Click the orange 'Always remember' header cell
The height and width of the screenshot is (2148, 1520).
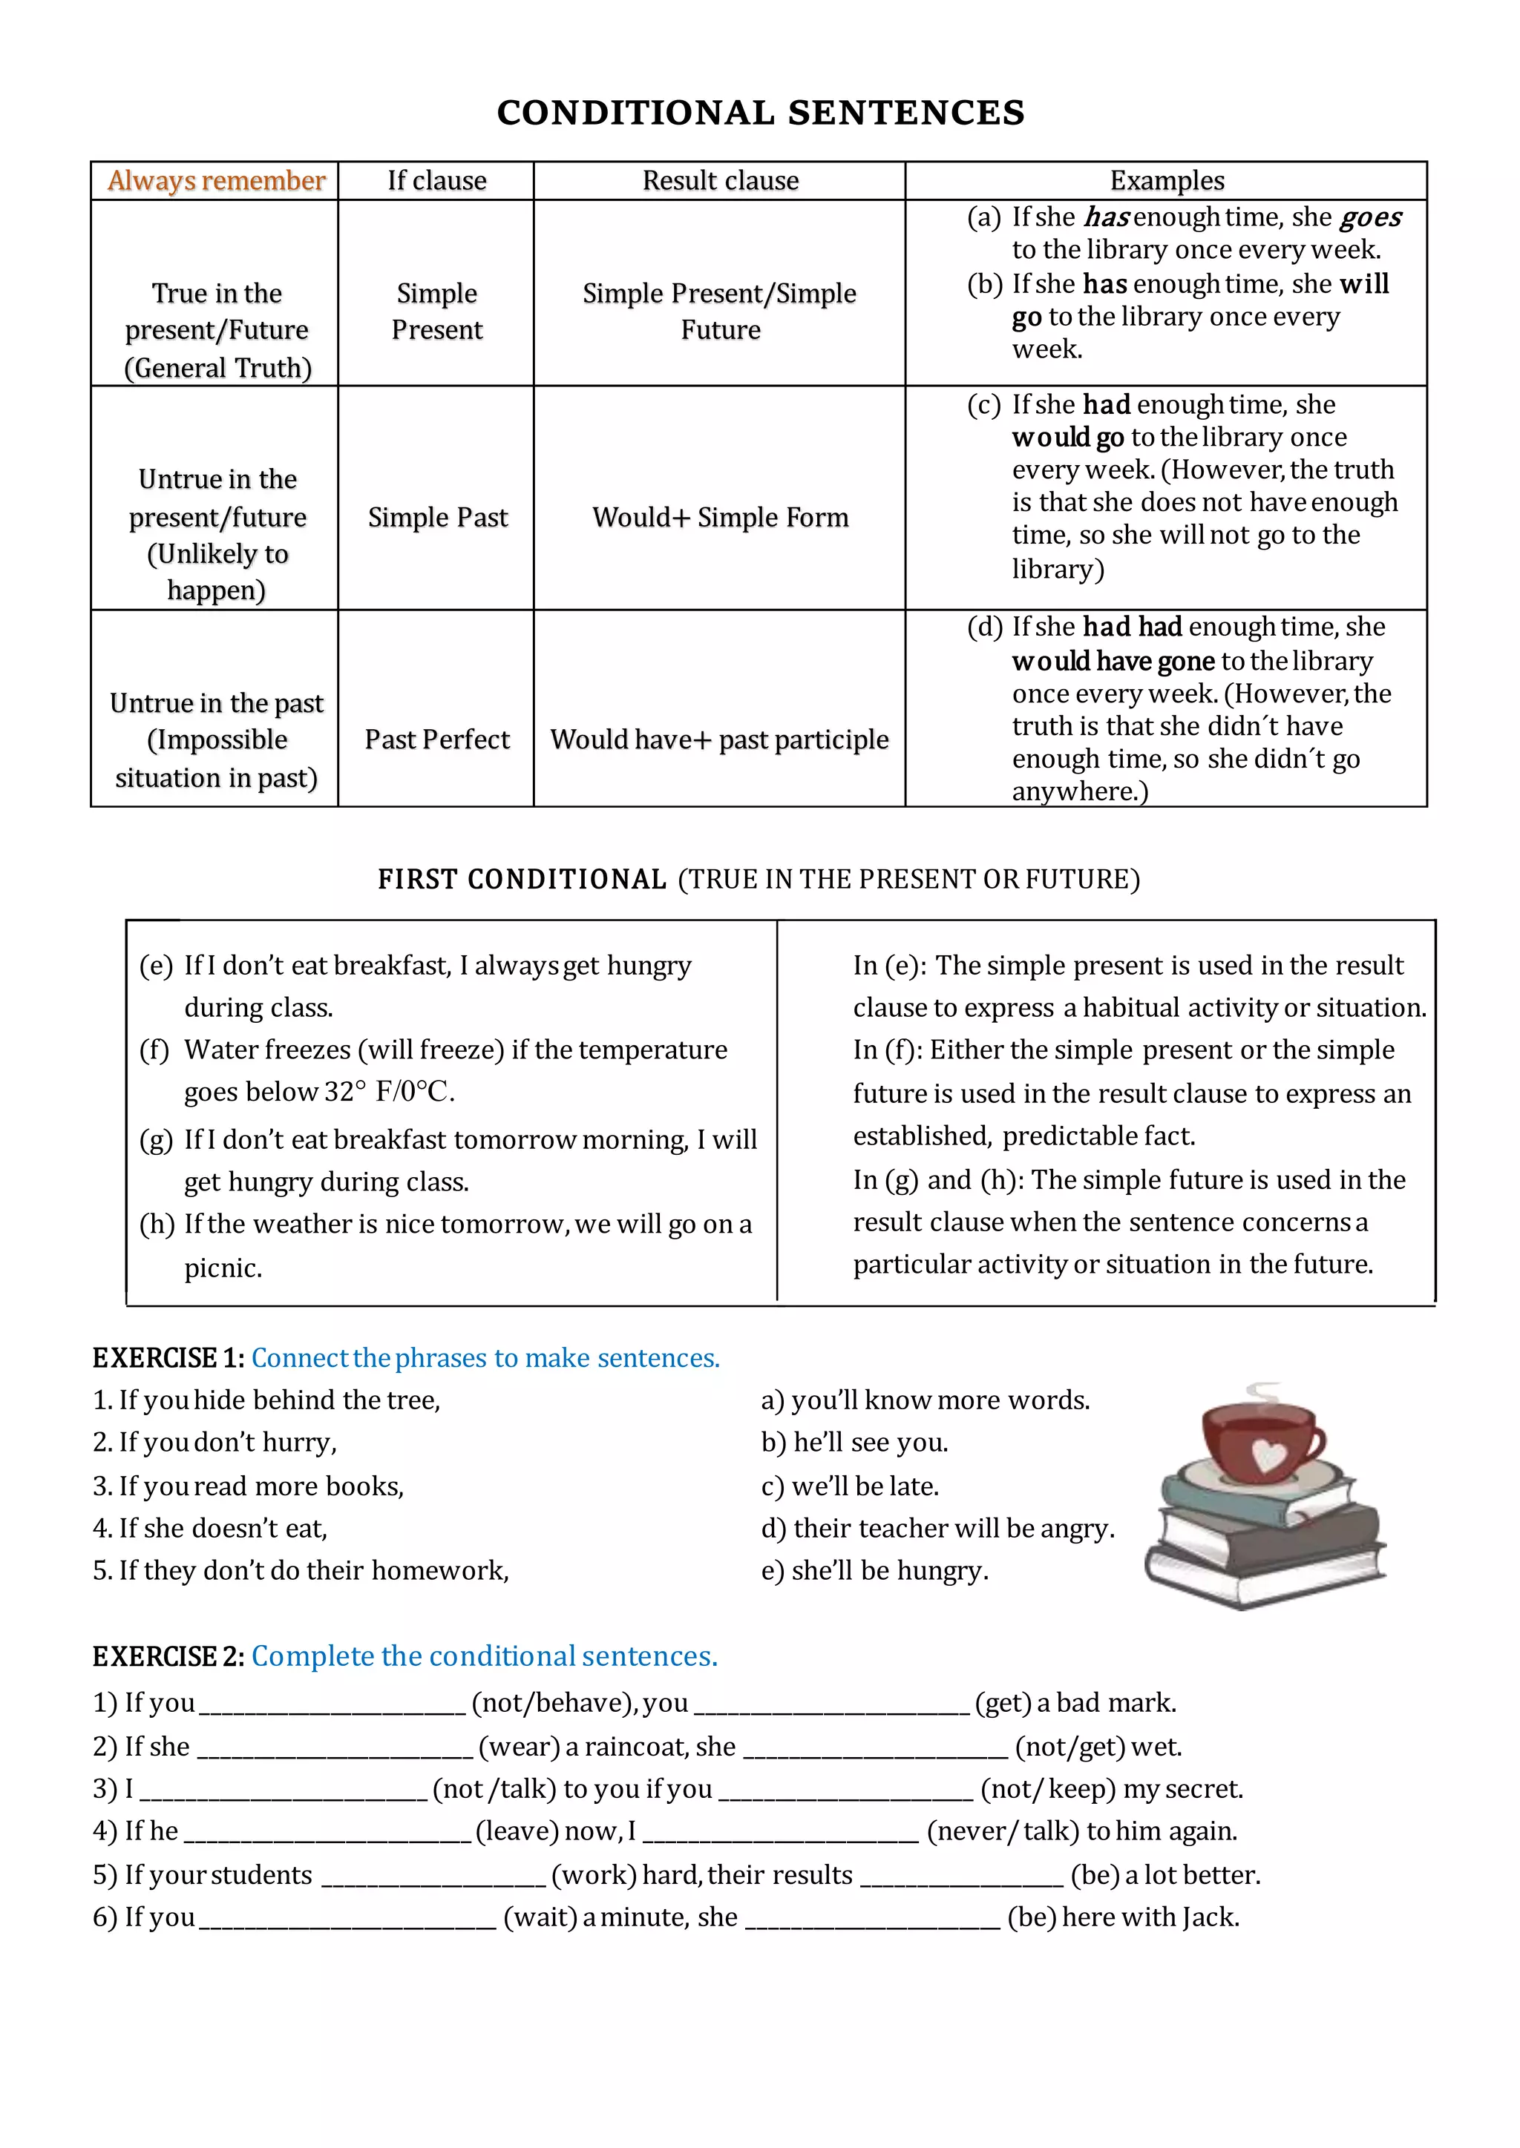(x=216, y=180)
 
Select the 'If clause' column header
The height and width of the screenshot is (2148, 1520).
(x=437, y=180)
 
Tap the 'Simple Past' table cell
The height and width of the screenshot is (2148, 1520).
(x=437, y=518)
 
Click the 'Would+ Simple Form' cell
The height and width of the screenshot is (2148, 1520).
(x=720, y=518)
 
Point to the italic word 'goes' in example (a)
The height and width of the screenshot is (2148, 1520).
(x=1370, y=217)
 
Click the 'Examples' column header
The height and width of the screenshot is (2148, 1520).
(x=1166, y=180)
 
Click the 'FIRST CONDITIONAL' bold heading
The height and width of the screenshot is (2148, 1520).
(x=521, y=880)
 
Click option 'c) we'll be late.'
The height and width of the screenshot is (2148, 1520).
(x=850, y=1486)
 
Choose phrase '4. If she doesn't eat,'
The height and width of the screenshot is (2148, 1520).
(x=211, y=1529)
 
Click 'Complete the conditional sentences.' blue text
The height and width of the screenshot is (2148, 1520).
(x=484, y=1656)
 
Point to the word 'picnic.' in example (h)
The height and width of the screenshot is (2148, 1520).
(x=223, y=1268)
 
